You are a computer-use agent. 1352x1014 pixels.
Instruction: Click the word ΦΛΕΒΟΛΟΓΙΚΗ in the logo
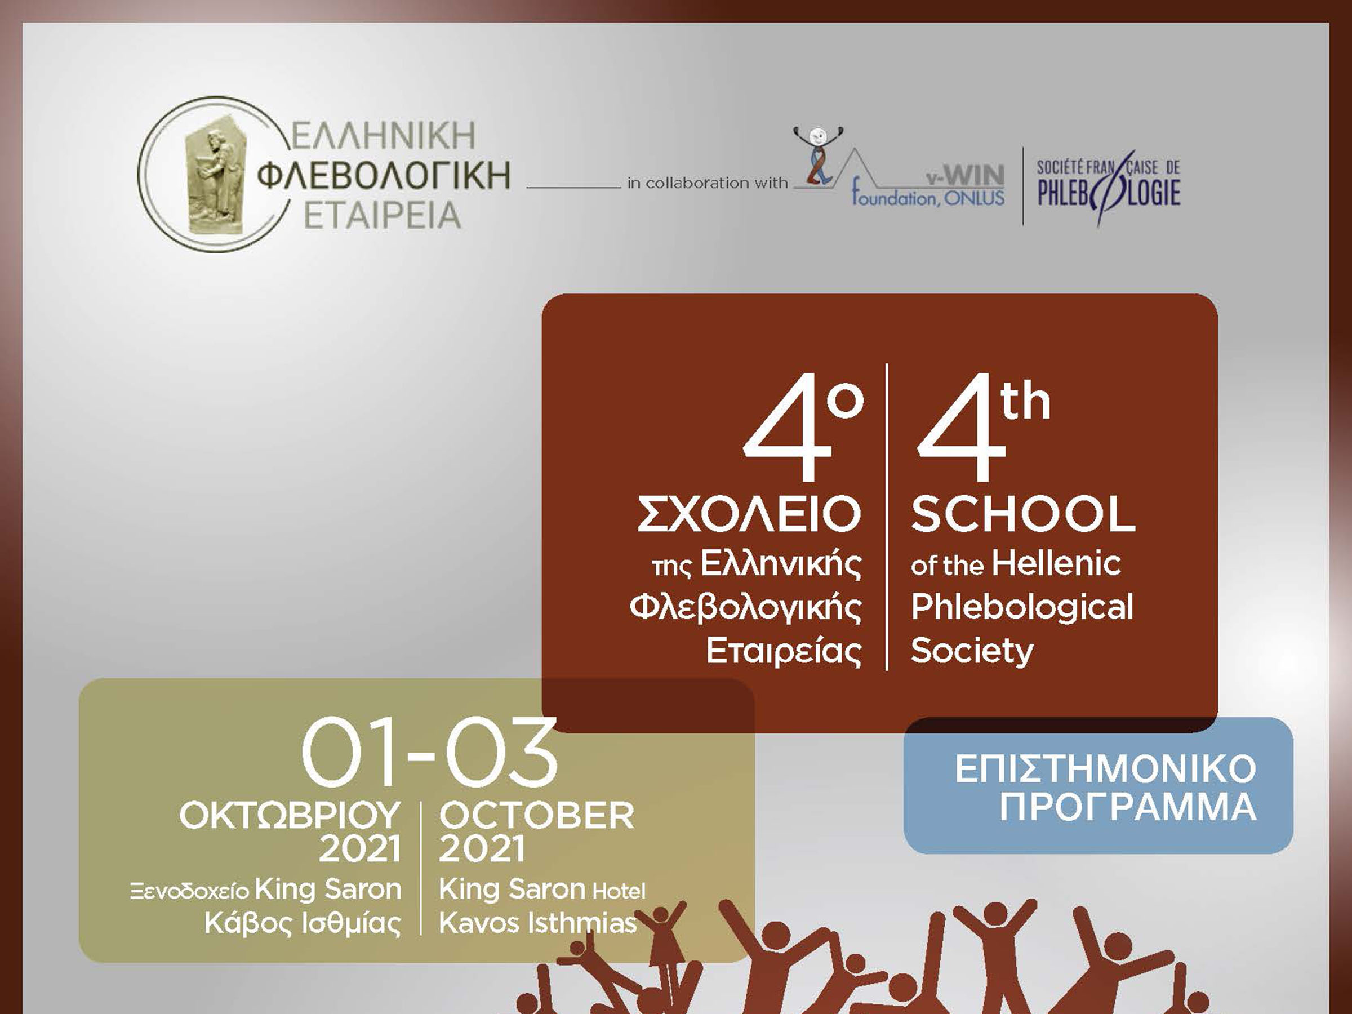pos(383,175)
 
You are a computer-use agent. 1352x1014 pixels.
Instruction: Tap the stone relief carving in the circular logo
pos(214,181)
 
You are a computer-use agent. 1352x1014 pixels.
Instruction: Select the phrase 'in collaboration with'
pos(707,183)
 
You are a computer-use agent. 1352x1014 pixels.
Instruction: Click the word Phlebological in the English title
pos(1022,607)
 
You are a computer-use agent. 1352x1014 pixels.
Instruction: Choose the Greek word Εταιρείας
pos(784,652)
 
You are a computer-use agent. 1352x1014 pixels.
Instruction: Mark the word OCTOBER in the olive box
pos(537,816)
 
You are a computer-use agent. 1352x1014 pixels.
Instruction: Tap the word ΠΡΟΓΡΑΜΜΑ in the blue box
pos(1128,808)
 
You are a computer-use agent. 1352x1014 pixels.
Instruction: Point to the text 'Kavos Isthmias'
pos(538,923)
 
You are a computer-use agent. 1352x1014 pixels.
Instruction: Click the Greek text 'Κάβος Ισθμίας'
pos(303,923)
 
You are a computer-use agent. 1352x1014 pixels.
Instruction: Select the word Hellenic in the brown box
pos(1056,563)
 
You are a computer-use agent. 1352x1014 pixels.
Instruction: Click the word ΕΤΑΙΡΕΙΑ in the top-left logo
pos(382,215)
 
